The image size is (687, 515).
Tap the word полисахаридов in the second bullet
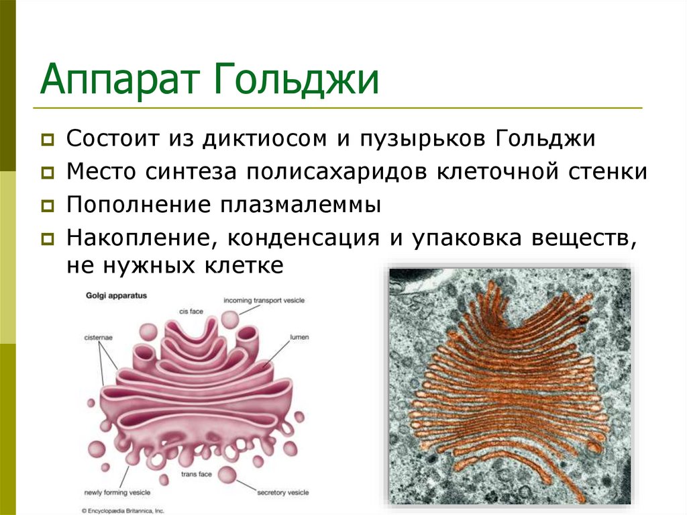click(x=337, y=172)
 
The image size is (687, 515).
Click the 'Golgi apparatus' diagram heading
click(x=116, y=295)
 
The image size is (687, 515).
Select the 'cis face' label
click(x=191, y=311)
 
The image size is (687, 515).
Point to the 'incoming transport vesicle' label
click(x=264, y=300)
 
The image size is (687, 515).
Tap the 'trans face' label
click(x=197, y=474)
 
